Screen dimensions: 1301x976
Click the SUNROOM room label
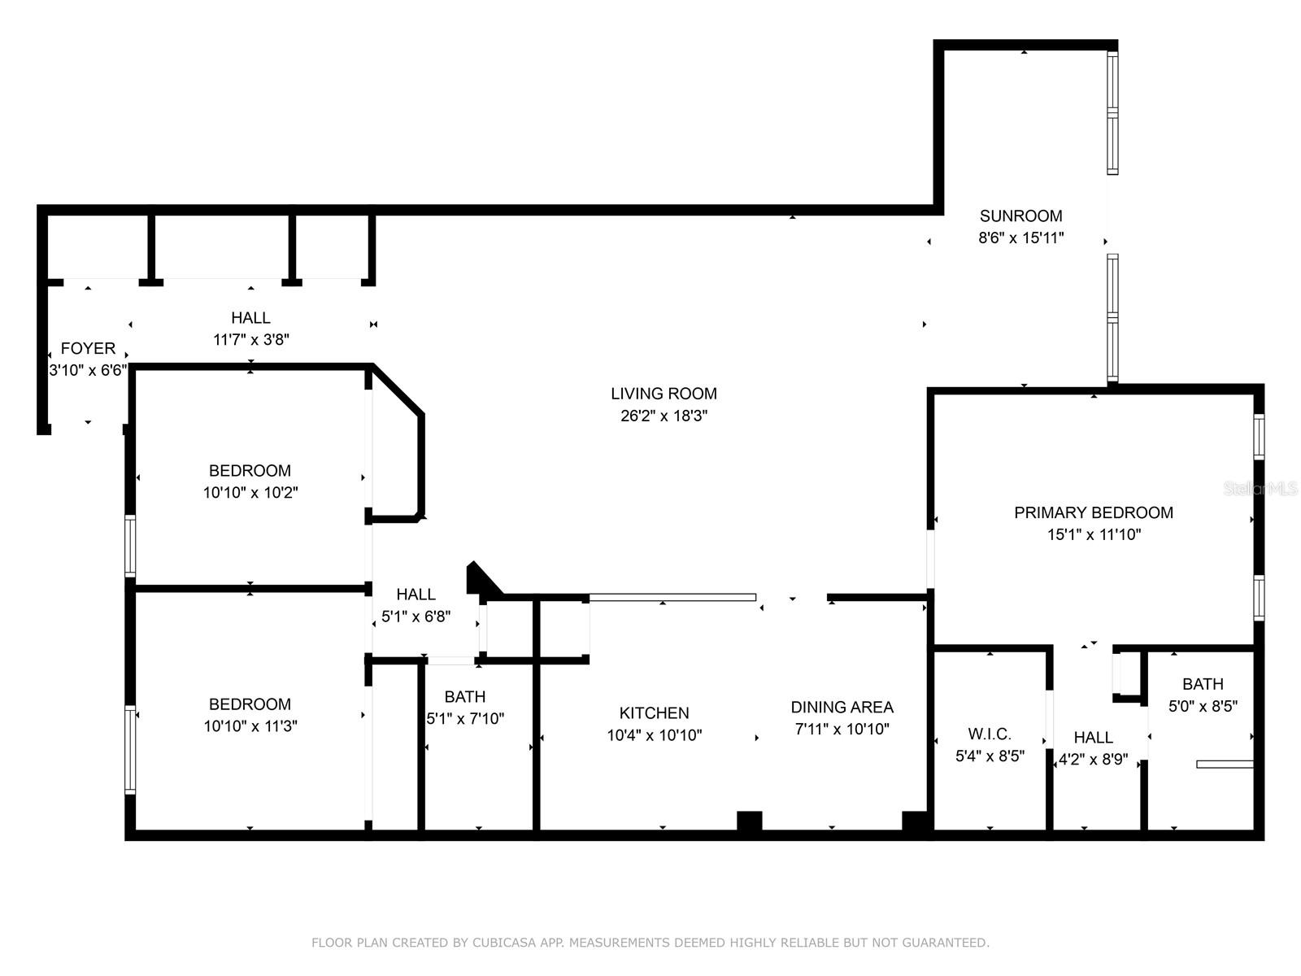coord(1020,216)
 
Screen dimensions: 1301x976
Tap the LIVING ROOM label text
coord(664,394)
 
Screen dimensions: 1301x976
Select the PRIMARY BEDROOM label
coord(1094,512)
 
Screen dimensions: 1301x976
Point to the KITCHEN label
coord(655,713)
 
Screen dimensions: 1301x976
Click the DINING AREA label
coord(842,707)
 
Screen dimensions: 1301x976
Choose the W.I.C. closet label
coord(990,734)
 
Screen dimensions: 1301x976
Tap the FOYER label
coord(89,348)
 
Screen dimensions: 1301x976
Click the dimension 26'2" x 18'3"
coord(664,416)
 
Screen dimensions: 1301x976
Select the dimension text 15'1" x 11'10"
coord(1094,534)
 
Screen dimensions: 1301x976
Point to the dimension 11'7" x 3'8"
coord(251,339)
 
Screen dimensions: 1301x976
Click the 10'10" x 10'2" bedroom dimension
coord(250,492)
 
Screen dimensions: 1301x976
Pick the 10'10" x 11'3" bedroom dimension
coord(250,726)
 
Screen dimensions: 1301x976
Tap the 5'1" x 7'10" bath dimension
coord(465,718)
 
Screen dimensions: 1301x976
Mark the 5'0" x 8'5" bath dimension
coord(1203,706)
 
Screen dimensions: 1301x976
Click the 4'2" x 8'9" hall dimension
coord(1093,759)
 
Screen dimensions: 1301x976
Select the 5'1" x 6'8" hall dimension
coord(416,617)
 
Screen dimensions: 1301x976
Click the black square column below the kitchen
coord(749,821)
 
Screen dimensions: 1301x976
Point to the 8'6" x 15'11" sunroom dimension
coord(1020,237)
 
